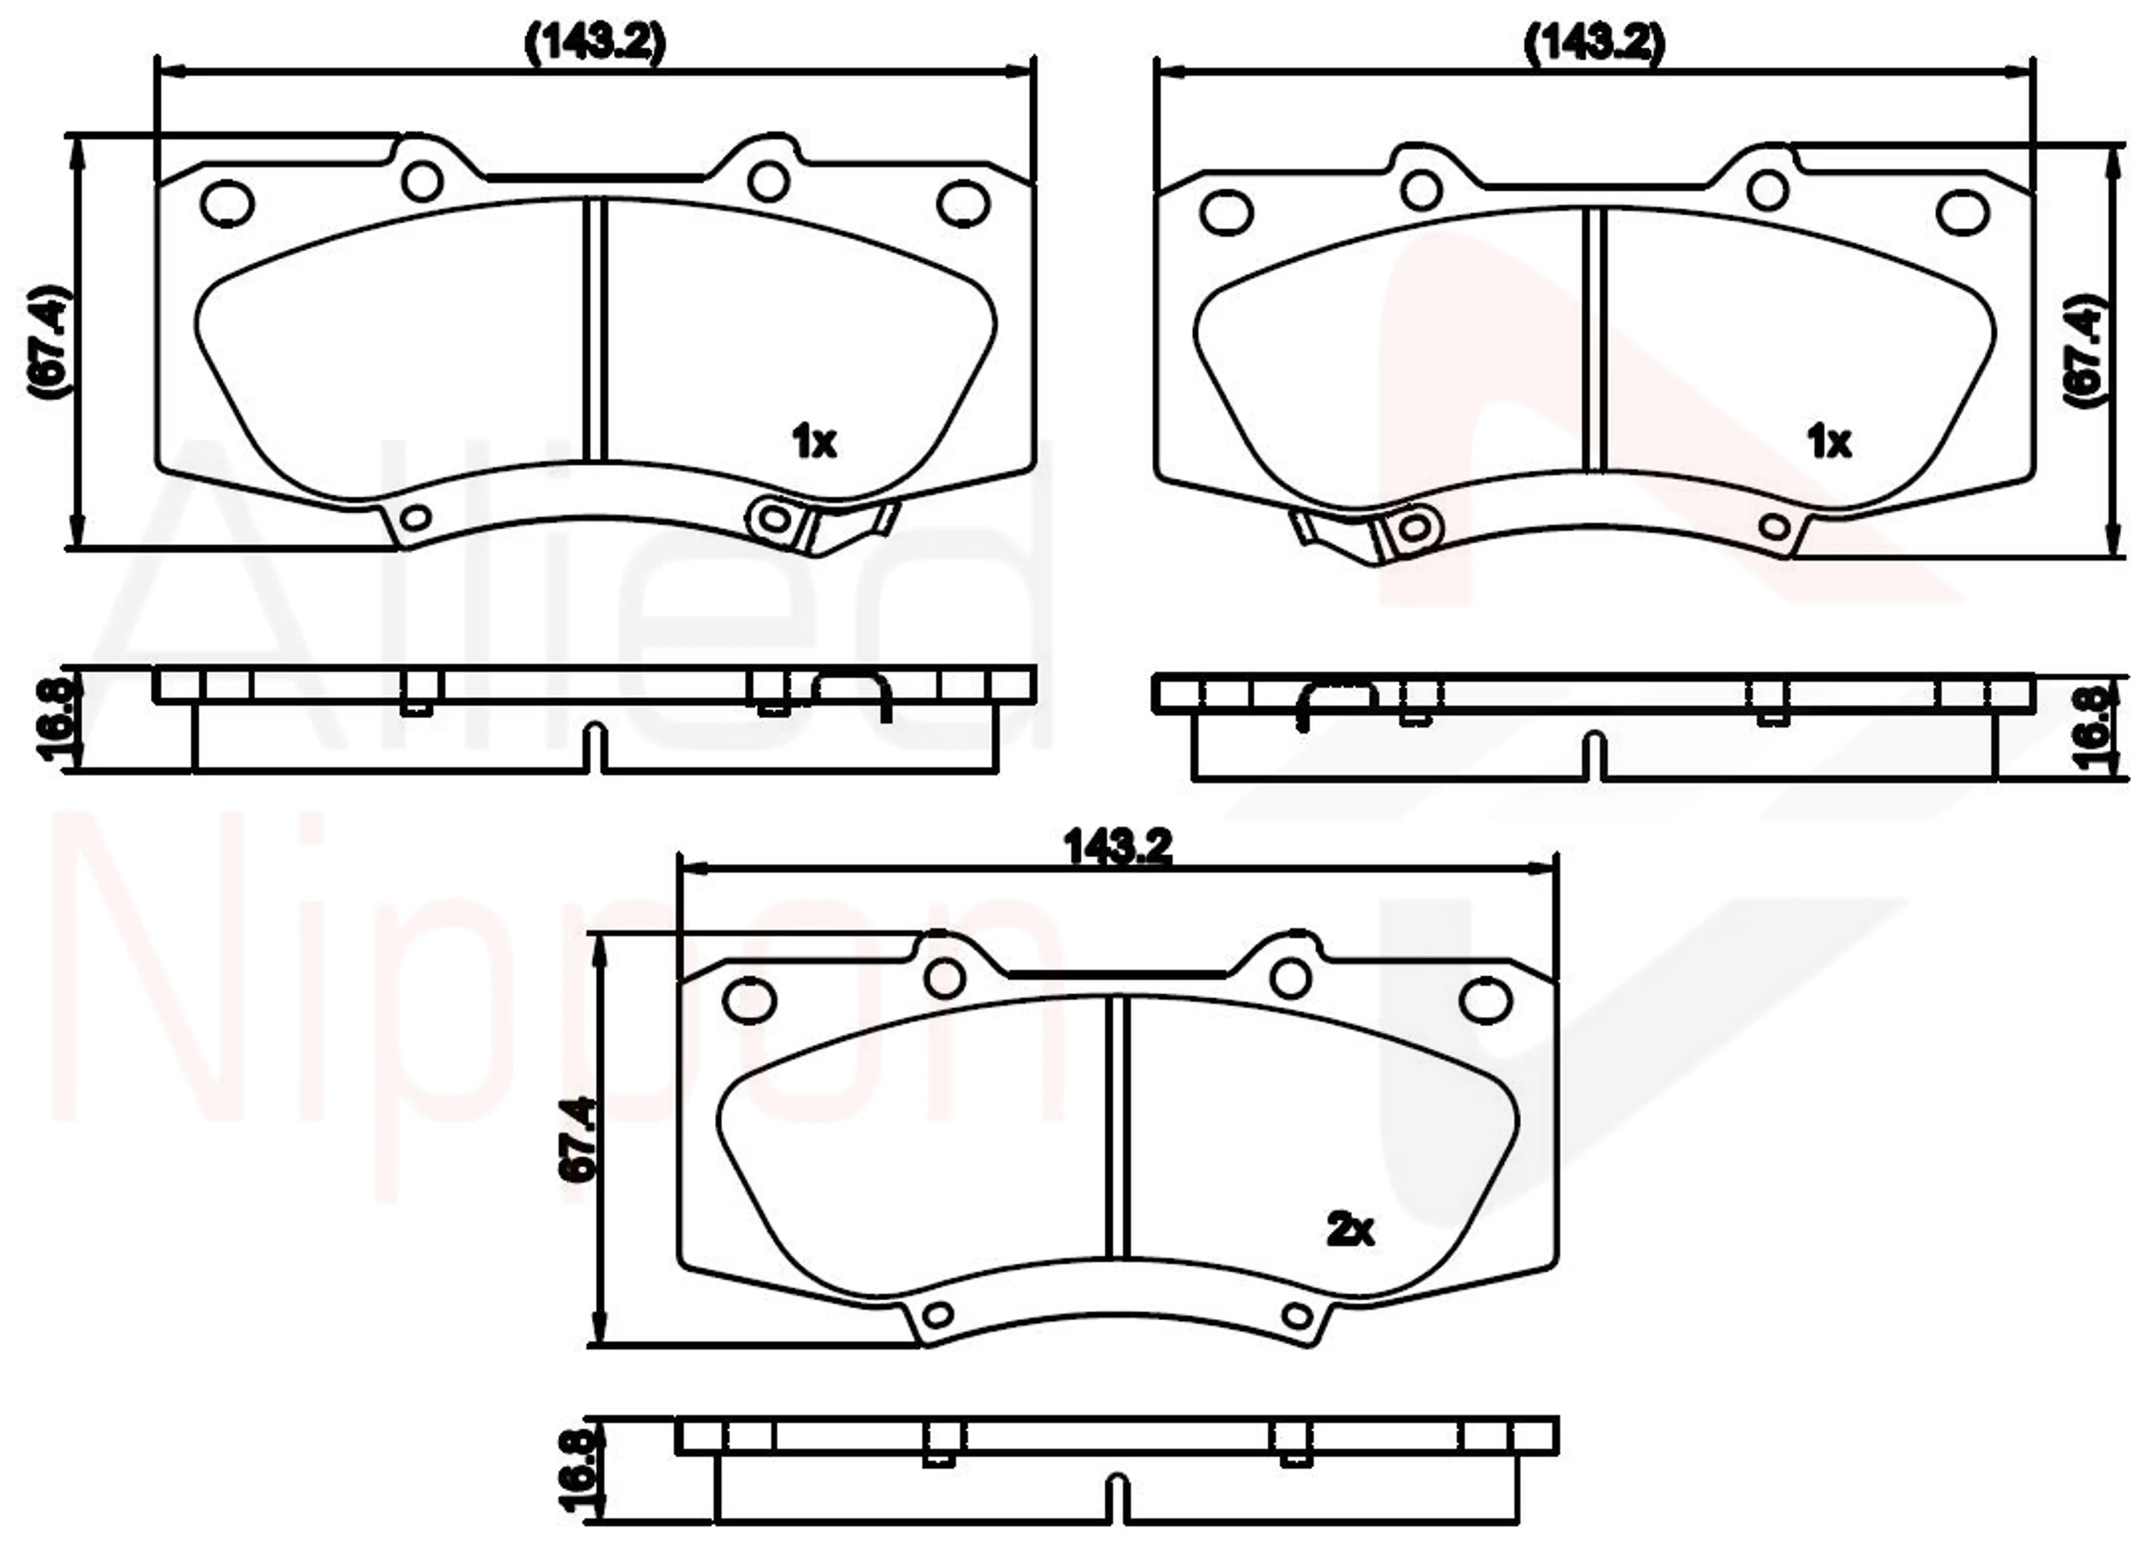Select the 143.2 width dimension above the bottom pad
point(1119,847)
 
